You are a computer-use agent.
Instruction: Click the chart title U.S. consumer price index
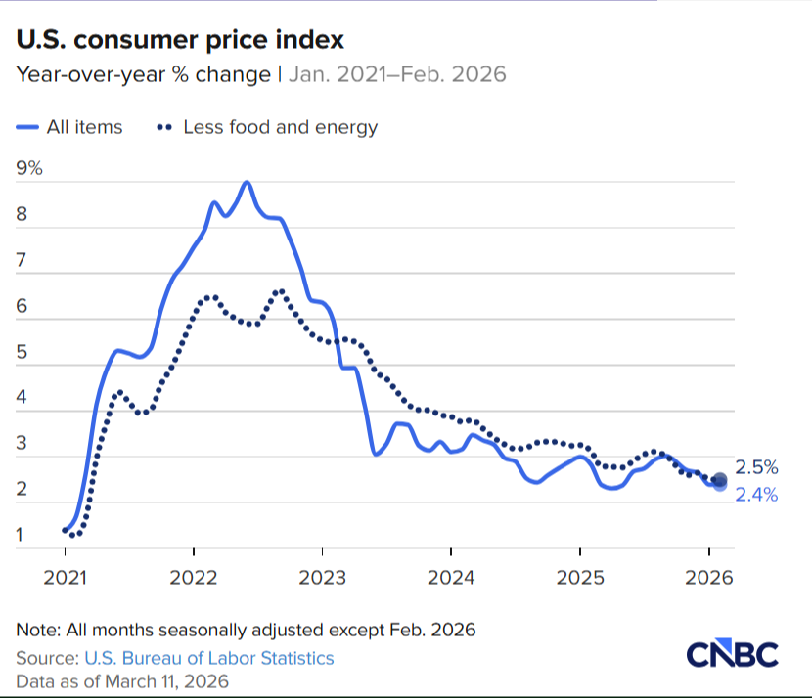(x=179, y=40)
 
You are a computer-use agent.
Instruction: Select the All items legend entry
(x=70, y=127)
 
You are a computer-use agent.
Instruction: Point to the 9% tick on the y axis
(x=30, y=167)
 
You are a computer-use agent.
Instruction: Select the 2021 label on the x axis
(x=65, y=578)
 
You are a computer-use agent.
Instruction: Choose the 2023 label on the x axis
(x=322, y=578)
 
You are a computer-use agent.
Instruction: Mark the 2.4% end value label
(x=756, y=495)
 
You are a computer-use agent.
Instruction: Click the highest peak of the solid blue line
(x=247, y=182)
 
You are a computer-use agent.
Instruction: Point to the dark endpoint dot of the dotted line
(x=720, y=479)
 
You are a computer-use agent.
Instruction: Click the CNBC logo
(x=731, y=654)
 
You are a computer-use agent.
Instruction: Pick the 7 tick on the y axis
(x=23, y=260)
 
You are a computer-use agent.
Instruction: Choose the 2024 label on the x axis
(x=450, y=578)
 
